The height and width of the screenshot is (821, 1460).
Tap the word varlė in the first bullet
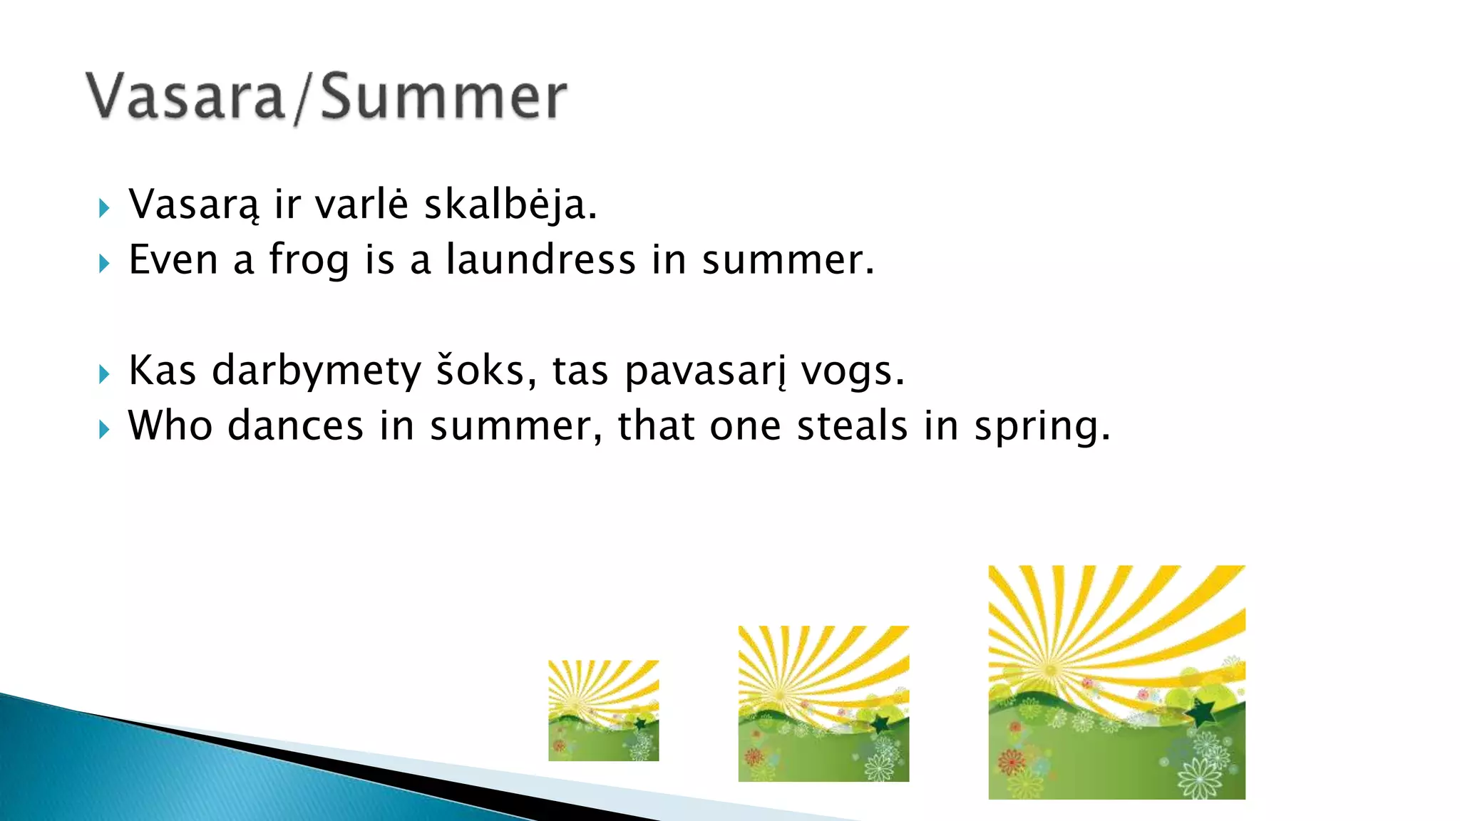(x=361, y=205)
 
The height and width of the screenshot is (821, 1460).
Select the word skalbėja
(x=510, y=205)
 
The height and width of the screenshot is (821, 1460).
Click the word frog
(x=309, y=260)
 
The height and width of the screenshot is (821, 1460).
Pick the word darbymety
(x=317, y=371)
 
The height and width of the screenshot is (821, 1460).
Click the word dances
(x=296, y=426)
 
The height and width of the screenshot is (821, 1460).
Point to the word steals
(x=852, y=426)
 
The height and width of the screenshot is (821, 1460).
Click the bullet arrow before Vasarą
(x=105, y=208)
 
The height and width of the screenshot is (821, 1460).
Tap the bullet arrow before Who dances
(x=105, y=429)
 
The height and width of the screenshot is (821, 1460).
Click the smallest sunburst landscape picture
(x=603, y=711)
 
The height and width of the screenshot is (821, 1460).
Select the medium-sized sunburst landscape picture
(x=823, y=703)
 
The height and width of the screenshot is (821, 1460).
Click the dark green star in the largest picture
(x=1202, y=711)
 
